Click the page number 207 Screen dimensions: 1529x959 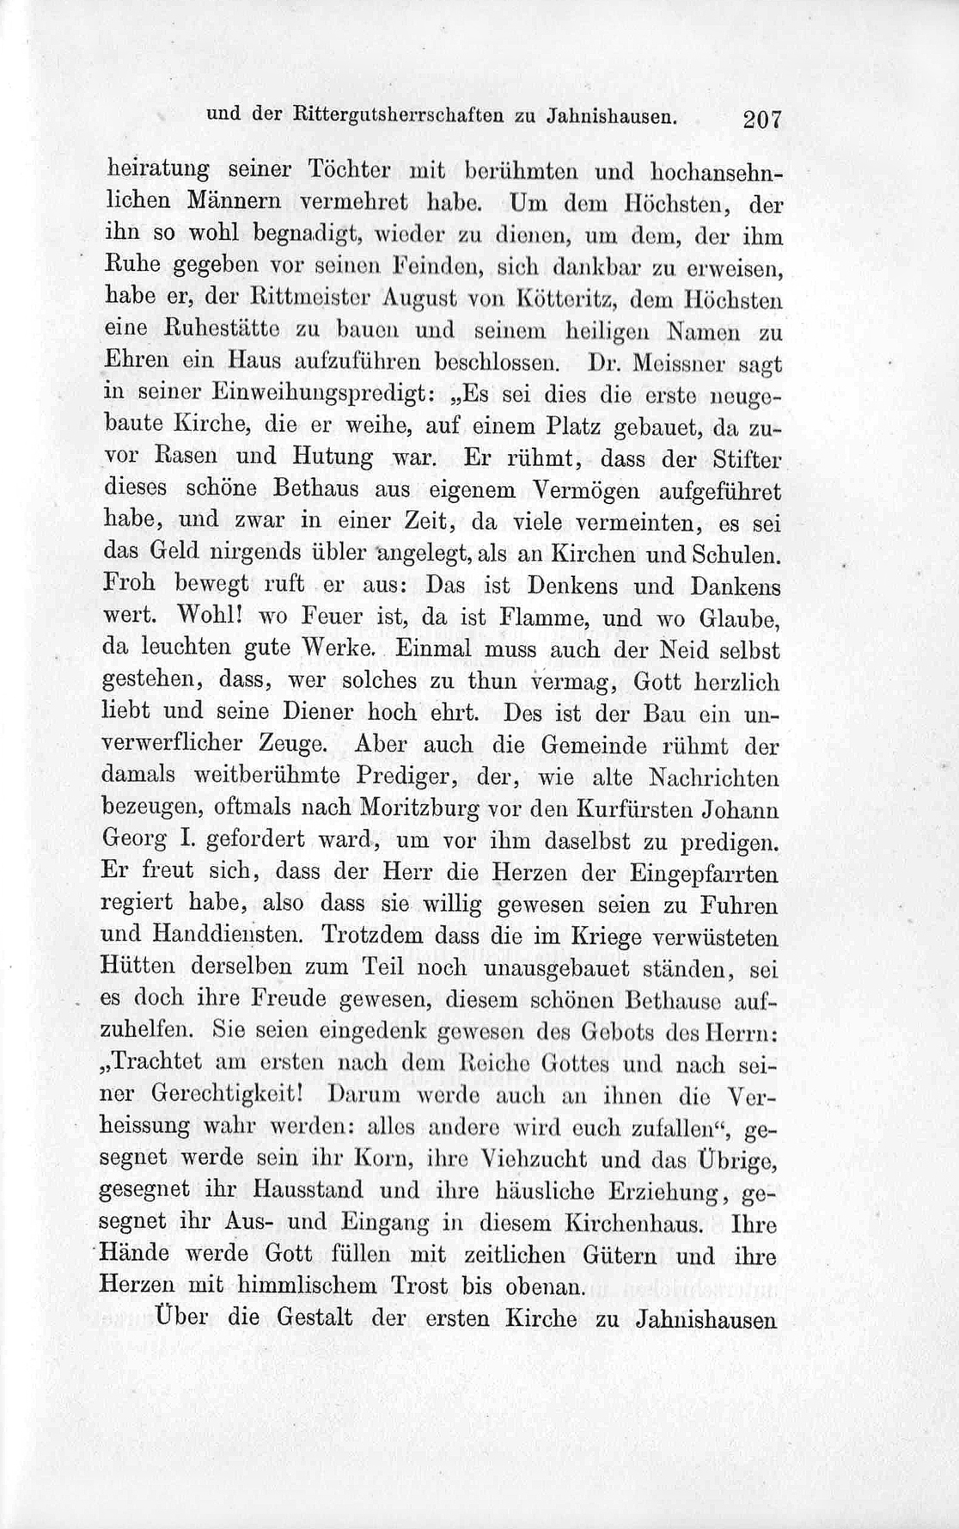762,120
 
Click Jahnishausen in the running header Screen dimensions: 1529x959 608,117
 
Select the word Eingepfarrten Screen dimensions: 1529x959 701,874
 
